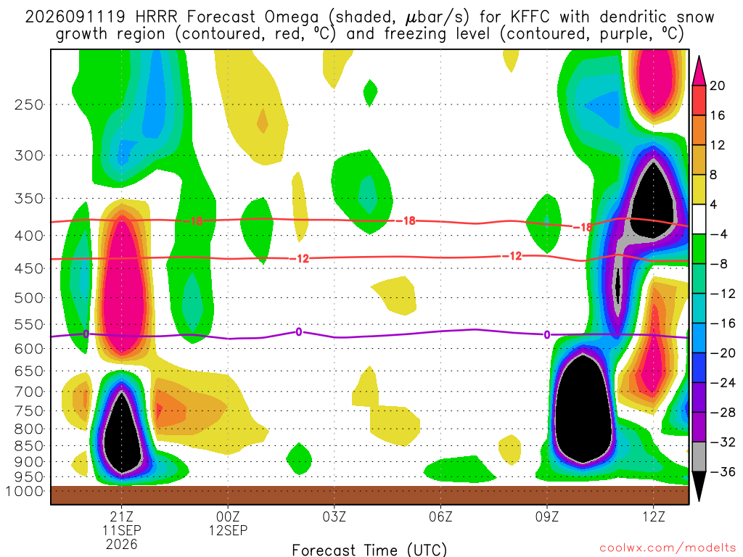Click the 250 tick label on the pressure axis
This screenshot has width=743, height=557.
(29, 104)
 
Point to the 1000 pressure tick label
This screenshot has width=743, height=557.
(25, 491)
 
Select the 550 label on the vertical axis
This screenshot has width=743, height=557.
(29, 324)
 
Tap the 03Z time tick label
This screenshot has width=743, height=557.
(334, 516)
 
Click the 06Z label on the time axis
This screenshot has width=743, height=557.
(440, 516)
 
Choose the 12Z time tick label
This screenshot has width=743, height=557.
(654, 516)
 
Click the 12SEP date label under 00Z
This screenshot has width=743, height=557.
(228, 530)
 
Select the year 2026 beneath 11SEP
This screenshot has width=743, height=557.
(122, 544)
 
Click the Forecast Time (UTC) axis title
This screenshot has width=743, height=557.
(369, 550)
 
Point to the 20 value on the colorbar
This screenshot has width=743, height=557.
(717, 86)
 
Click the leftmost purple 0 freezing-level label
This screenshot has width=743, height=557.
(86, 334)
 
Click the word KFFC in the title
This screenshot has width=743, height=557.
(530, 17)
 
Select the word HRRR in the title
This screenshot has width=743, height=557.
(156, 17)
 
